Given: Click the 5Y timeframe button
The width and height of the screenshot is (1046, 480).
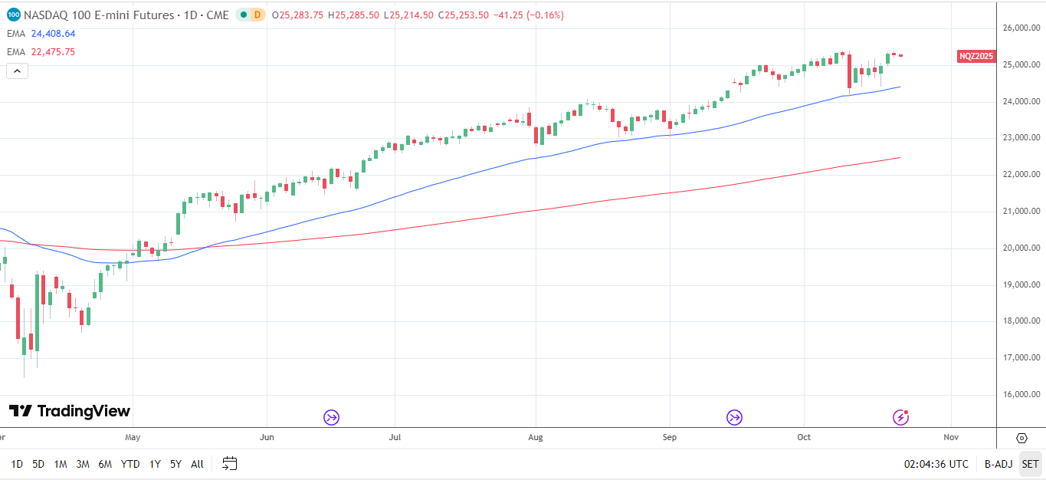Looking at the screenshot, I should tap(176, 464).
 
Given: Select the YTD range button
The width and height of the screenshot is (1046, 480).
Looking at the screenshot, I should tap(130, 464).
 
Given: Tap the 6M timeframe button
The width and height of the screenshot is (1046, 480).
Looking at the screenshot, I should tap(106, 464).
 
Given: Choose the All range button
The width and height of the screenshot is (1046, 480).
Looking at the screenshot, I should tap(197, 464).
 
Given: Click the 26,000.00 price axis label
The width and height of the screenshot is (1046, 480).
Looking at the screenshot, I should tap(1021, 28).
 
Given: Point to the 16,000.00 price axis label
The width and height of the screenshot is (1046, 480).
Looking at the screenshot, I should tap(1021, 395).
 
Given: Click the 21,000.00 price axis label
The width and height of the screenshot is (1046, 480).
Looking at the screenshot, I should tap(1021, 212).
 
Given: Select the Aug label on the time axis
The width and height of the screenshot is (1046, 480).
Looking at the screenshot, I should tap(536, 437).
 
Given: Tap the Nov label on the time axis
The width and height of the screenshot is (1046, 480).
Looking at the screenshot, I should tap(951, 437).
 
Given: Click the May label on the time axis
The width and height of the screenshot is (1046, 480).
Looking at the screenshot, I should tap(133, 437).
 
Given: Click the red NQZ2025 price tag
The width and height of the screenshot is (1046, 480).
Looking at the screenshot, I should tap(976, 56).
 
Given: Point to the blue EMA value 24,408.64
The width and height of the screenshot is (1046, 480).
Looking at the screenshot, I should tap(53, 34).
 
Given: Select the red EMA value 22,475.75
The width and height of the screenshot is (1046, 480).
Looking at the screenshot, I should tap(53, 52).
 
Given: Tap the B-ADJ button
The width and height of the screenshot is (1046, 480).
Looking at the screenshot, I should tap(998, 464).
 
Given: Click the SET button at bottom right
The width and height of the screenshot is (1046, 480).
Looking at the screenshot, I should tap(1030, 464).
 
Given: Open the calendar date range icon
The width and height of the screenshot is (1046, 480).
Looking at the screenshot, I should tap(230, 463).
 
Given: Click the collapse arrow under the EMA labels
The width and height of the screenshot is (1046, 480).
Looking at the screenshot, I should tap(17, 71).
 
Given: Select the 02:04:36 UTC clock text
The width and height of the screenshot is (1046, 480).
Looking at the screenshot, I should tap(936, 464).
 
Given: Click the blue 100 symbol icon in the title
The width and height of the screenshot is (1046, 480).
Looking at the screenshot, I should tap(14, 15).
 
